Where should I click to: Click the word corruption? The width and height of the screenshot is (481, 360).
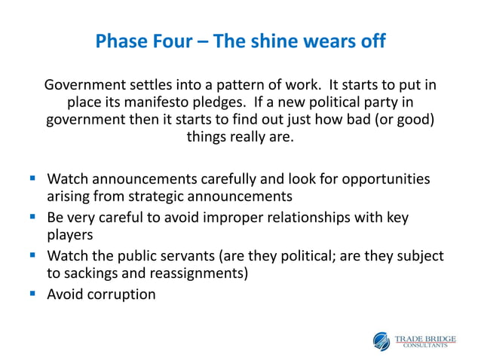tap(121, 294)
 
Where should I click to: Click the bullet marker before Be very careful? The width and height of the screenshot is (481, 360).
tap(33, 218)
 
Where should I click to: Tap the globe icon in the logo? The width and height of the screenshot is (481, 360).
tap(382, 340)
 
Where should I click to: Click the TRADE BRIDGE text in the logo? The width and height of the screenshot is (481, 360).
tap(426, 337)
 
